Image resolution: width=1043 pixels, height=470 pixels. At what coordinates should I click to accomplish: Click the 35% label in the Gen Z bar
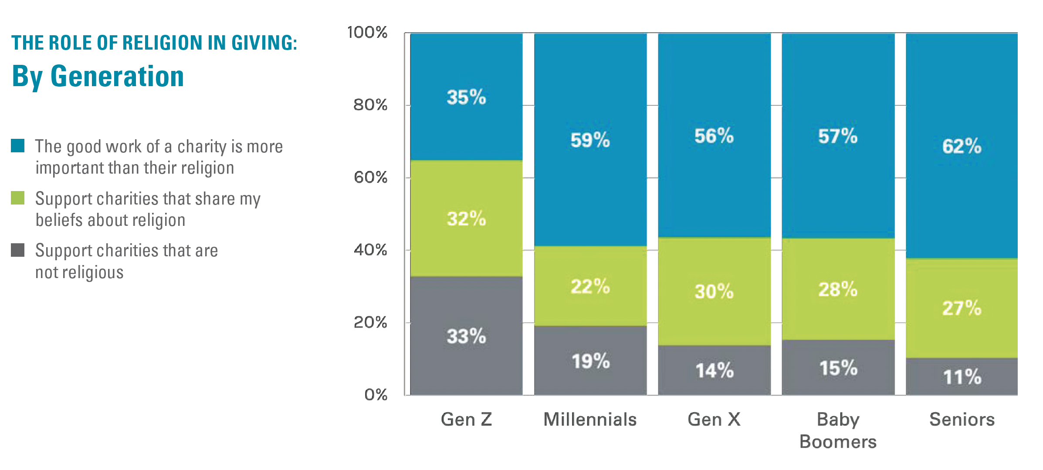tap(466, 97)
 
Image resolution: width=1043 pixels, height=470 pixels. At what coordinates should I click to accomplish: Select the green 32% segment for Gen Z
tap(466, 218)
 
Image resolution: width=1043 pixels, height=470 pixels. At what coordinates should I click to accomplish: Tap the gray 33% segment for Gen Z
tap(466, 336)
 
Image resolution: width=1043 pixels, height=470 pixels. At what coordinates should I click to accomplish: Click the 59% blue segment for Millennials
tap(590, 140)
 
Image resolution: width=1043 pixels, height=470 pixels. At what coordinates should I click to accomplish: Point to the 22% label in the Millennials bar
tap(590, 286)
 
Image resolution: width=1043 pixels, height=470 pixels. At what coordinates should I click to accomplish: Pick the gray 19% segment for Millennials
tap(590, 361)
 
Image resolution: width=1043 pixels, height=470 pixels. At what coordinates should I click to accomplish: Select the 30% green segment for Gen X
tap(714, 291)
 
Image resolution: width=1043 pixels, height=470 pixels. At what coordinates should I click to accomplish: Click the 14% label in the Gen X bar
tap(714, 370)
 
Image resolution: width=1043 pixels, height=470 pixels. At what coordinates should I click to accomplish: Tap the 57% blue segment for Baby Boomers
tap(838, 136)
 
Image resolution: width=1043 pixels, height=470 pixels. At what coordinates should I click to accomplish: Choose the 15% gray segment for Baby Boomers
tap(838, 368)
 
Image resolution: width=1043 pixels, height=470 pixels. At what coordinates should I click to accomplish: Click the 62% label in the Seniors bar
tap(962, 146)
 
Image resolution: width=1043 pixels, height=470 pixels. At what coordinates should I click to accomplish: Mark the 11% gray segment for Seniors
tap(962, 377)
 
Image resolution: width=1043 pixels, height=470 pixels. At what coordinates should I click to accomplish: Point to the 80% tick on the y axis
tap(370, 105)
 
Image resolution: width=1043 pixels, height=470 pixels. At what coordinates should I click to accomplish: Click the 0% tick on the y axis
tap(376, 395)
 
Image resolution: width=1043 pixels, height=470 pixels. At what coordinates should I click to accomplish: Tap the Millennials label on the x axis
tap(590, 420)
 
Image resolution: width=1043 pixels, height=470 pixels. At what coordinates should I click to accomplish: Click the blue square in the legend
tap(18, 146)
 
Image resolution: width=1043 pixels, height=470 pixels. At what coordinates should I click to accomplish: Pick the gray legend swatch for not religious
tap(18, 250)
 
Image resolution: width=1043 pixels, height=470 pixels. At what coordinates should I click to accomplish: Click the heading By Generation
tap(98, 77)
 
